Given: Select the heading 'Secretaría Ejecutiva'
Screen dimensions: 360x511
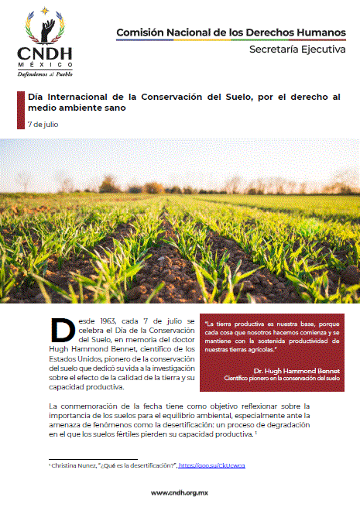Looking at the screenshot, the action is (x=298, y=50).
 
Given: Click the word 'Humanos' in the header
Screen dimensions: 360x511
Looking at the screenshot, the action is (x=320, y=32).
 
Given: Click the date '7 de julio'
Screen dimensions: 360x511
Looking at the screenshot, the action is (x=43, y=124).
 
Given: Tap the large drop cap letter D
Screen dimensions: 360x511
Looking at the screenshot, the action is (x=63, y=331).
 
